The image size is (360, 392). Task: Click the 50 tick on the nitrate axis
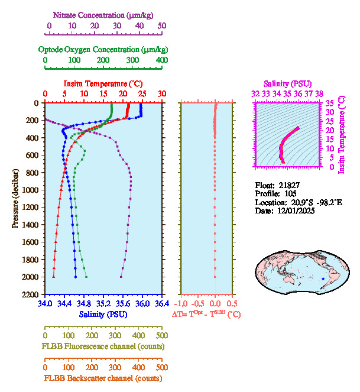point(162,26)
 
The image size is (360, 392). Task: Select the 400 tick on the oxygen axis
point(162,60)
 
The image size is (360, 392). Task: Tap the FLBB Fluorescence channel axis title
point(103,346)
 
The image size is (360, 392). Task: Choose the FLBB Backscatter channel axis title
point(103,378)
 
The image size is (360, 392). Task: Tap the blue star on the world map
point(322,278)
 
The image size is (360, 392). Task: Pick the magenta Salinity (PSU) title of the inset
point(287,84)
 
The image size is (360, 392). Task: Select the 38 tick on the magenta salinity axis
point(319,93)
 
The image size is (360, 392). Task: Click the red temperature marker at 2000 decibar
point(53,277)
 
